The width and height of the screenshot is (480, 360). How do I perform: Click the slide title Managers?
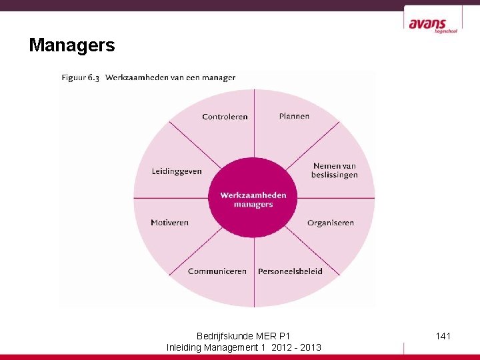tap(72, 45)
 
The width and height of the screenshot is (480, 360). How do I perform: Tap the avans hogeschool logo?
tap(433, 25)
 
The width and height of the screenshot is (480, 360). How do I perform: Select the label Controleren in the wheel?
tap(225, 117)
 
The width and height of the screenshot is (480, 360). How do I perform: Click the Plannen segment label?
tap(294, 116)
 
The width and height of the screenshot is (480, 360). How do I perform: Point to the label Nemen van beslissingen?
tap(334, 170)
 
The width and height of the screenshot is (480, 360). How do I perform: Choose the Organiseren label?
tap(330, 223)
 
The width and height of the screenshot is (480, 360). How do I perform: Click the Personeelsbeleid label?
tap(290, 271)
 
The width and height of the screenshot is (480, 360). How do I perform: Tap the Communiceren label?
tap(217, 271)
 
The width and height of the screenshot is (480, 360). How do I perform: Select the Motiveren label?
tap(169, 223)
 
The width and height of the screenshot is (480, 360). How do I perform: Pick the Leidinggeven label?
tap(176, 171)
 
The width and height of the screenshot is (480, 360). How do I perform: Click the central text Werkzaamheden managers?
tap(253, 199)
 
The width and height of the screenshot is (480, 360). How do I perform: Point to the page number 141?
tap(443, 336)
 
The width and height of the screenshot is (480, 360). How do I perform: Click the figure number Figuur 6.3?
tap(81, 77)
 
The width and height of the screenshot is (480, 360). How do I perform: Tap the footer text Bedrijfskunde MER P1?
tap(243, 336)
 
